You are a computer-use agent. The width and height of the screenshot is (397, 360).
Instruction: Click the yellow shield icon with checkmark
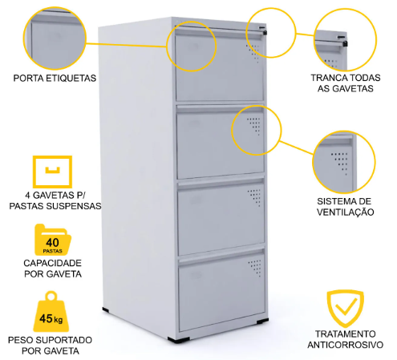pyautogui.click(x=345, y=307)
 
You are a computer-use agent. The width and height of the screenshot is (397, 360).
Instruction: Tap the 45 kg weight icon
pyautogui.click(x=51, y=312)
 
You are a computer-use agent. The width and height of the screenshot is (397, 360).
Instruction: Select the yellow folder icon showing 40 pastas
pyautogui.click(x=53, y=240)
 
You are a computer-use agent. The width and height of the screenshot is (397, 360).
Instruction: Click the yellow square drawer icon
pyautogui.click(x=52, y=172)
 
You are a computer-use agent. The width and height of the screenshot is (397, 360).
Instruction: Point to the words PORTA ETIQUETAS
pyautogui.click(x=55, y=79)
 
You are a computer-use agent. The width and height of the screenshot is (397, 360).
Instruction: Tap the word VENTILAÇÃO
pyautogui.click(x=345, y=212)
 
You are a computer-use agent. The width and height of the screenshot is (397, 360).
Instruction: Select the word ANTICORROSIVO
pyautogui.click(x=345, y=345)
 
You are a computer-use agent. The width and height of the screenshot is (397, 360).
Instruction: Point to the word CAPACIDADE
pyautogui.click(x=52, y=263)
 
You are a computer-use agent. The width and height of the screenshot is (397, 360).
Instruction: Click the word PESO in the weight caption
pyautogui.click(x=20, y=340)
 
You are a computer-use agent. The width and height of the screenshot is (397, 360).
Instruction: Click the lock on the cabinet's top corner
pyautogui.click(x=264, y=32)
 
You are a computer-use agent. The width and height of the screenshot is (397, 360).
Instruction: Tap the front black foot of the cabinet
pyautogui.click(x=179, y=340)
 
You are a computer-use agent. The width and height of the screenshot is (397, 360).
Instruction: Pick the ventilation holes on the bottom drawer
pyautogui.click(x=254, y=268)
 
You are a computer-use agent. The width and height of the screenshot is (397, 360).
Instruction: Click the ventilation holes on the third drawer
pyautogui.click(x=254, y=197)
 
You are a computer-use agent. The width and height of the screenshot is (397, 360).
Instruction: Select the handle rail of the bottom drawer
pyautogui.click(x=221, y=257)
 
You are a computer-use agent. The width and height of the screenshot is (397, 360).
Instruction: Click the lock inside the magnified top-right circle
pyautogui.click(x=345, y=43)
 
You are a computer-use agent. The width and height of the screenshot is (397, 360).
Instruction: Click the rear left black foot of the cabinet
pyautogui.click(x=106, y=309)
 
